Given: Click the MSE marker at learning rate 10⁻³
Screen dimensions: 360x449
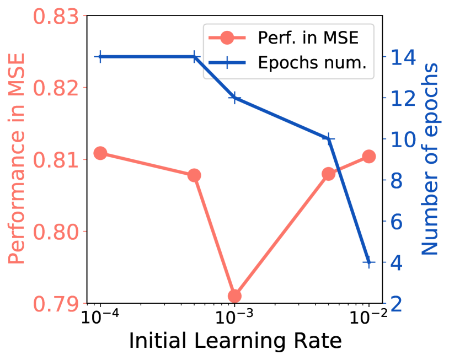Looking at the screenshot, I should point(234,296).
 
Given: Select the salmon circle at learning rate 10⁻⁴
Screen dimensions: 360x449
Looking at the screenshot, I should point(100,153).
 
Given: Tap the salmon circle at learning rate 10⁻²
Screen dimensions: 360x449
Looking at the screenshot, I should point(368,157).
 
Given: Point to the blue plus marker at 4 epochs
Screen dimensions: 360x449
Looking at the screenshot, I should point(368,262).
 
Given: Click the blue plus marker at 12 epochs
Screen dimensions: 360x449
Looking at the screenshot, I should point(234,98).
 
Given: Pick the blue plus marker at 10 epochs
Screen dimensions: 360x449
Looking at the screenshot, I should point(328,138).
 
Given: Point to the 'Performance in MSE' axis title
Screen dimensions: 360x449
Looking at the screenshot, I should point(18,159).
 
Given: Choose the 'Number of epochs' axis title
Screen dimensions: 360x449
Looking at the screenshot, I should point(430,159).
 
